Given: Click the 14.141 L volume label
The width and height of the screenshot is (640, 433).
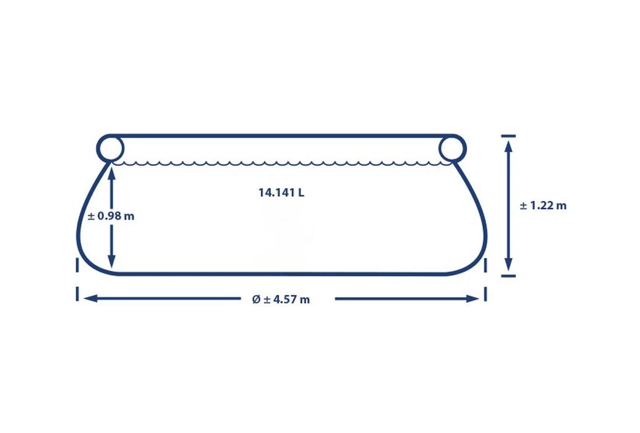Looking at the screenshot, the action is pyautogui.click(x=281, y=192).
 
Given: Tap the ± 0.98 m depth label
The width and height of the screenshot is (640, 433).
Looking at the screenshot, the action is pyautogui.click(x=111, y=216).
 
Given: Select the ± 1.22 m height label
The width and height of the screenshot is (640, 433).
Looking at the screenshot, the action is pyautogui.click(x=544, y=205).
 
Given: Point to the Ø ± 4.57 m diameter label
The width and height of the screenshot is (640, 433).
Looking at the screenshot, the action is pyautogui.click(x=281, y=299).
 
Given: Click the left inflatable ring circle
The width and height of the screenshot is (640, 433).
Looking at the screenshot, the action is pyautogui.click(x=98, y=148).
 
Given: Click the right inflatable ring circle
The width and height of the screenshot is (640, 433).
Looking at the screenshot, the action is pyautogui.click(x=464, y=148).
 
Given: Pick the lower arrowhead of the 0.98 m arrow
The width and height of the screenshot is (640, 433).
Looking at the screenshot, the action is pyautogui.click(x=111, y=262).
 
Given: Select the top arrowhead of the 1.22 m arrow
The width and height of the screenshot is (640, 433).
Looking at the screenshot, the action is pyautogui.click(x=508, y=147).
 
